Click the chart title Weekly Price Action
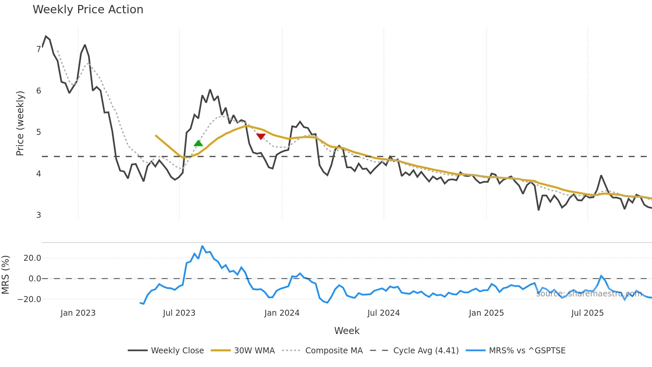(x=88, y=10)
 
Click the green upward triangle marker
(x=198, y=143)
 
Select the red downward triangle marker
(x=261, y=137)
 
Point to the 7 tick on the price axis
(x=39, y=49)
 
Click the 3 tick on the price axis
(x=39, y=215)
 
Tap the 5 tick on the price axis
(x=39, y=132)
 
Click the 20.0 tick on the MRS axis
(x=32, y=258)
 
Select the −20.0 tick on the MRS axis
(x=29, y=299)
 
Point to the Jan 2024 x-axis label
(x=282, y=313)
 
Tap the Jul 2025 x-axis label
(x=587, y=313)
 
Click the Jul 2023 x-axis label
(x=179, y=313)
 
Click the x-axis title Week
(x=347, y=331)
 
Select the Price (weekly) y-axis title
(x=20, y=123)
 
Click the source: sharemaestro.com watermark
(x=589, y=294)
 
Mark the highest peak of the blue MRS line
(x=202, y=246)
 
